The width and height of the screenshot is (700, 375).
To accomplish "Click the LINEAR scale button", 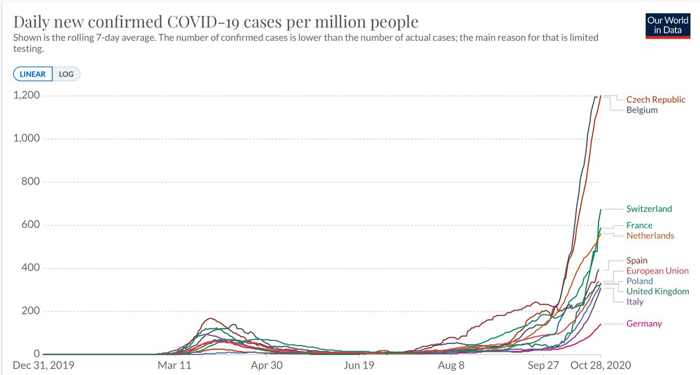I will point(33,74).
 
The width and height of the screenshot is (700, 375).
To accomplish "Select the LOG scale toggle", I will point(66,74).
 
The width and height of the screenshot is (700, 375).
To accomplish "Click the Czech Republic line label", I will point(656,100).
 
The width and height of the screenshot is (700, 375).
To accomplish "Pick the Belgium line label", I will point(642,110).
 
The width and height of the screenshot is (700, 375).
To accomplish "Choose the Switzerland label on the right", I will point(649,209).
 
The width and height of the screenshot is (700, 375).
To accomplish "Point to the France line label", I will point(639,225).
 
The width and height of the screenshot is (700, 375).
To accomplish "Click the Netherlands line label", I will point(650,236).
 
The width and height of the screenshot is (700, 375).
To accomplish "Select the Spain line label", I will point(637,261).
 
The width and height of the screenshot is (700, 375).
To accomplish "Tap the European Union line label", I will point(657,272).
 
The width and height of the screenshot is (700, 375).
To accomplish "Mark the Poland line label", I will point(640,282).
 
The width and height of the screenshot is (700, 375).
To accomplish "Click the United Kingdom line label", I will point(657,291).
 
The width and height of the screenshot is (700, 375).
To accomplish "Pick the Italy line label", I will point(635,302).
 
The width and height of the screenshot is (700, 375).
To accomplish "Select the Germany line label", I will point(644,324).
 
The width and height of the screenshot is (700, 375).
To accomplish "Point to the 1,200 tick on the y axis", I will point(27,96).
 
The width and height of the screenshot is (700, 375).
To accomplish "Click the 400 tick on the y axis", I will point(30,268).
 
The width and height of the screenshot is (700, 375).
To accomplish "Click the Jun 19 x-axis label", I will point(359,366).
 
